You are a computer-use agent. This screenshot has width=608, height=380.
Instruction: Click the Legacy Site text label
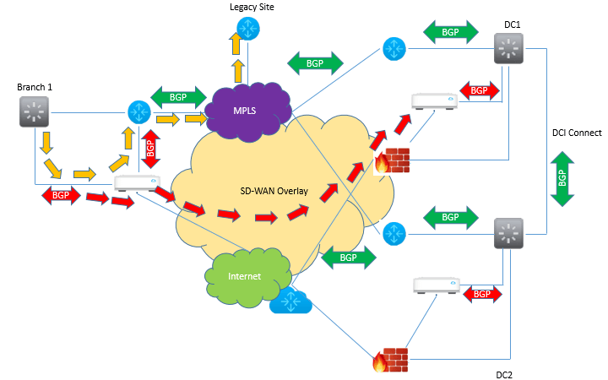251,7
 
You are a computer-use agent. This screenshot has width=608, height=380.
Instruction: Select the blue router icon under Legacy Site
248,27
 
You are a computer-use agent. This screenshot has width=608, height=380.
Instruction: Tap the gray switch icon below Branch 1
34,111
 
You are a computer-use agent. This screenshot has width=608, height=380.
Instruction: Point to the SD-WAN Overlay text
268,190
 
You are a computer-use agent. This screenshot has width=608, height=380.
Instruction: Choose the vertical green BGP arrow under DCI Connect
562,177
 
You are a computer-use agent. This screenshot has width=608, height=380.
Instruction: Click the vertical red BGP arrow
150,149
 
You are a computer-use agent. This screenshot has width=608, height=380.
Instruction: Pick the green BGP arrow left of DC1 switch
451,31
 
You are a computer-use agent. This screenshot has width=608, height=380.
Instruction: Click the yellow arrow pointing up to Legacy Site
241,68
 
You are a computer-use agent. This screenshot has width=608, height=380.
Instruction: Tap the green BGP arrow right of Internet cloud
348,258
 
